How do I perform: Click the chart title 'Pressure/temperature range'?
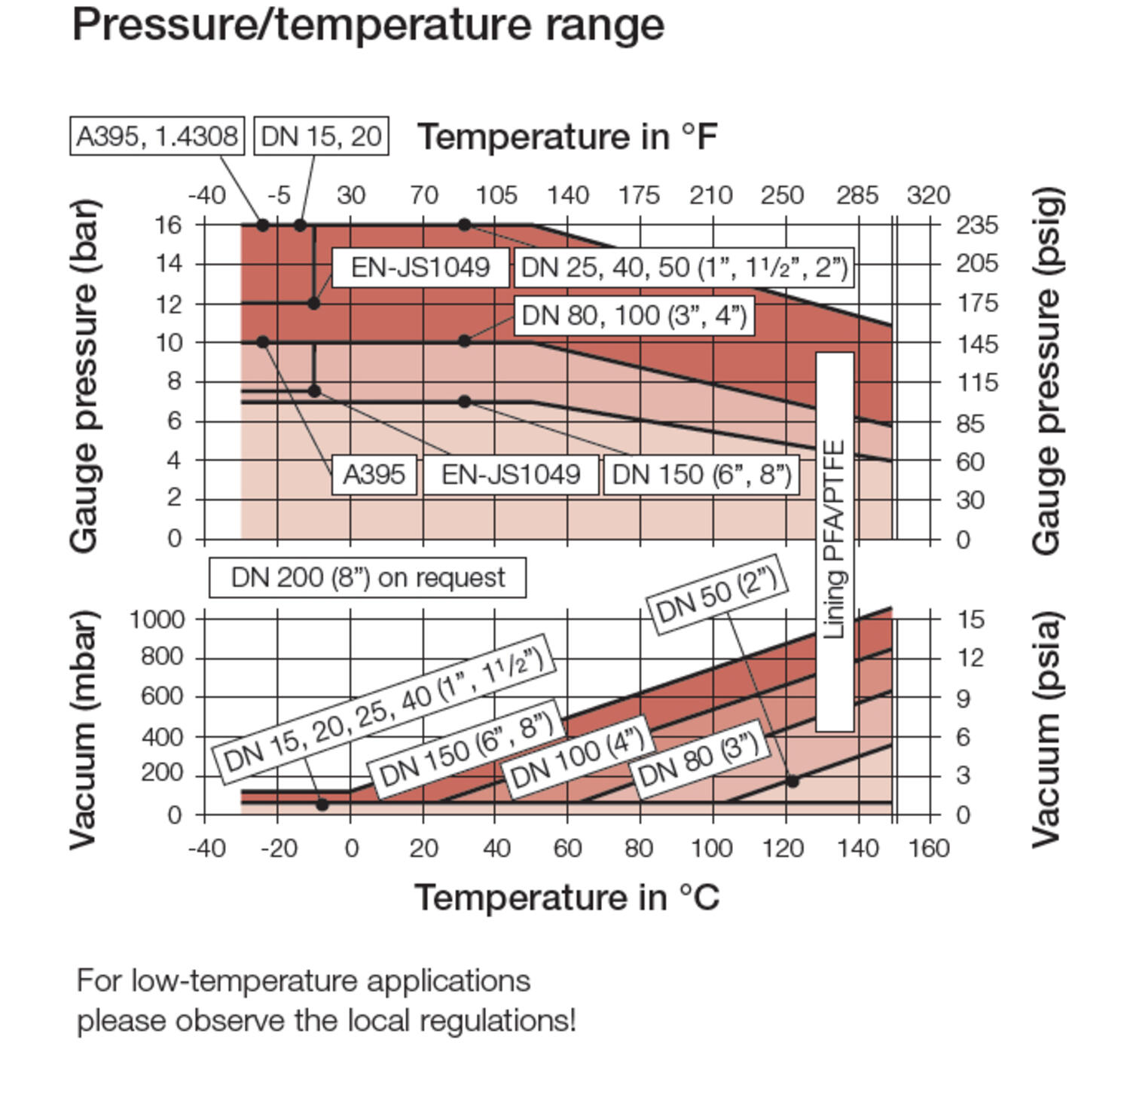click(x=368, y=25)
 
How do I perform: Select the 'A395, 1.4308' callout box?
click(x=157, y=136)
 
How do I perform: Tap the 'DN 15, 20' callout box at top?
click(x=322, y=136)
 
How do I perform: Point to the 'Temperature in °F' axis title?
click(x=567, y=137)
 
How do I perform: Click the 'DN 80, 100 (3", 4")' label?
click(x=634, y=315)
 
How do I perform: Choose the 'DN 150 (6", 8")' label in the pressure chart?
click(x=702, y=475)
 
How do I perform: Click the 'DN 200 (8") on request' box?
click(x=368, y=578)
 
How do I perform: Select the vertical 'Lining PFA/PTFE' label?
click(x=835, y=540)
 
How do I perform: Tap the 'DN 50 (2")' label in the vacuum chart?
click(x=717, y=595)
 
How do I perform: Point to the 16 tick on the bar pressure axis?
click(x=168, y=225)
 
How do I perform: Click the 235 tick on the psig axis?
click(x=978, y=225)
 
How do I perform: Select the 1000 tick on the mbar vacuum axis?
click(x=157, y=619)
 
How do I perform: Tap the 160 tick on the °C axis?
click(x=929, y=849)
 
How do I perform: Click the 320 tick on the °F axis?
click(x=928, y=196)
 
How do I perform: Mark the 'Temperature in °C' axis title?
click(x=567, y=898)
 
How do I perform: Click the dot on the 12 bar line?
click(x=314, y=304)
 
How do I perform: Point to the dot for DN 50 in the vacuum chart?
click(x=793, y=781)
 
